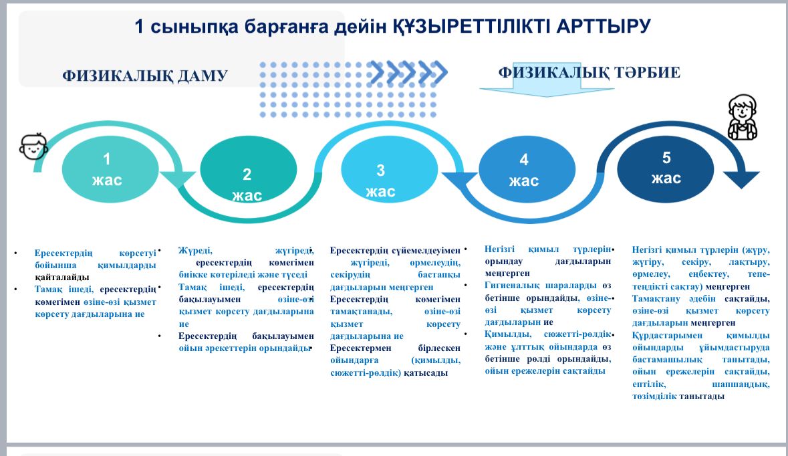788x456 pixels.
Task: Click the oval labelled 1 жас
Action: pyautogui.click(x=110, y=169)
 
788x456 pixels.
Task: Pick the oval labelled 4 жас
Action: pyautogui.click(x=527, y=169)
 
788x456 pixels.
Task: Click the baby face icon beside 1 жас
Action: pyautogui.click(x=33, y=146)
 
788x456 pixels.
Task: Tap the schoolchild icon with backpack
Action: pyautogui.click(x=743, y=117)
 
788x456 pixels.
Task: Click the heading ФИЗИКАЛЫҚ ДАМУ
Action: pyautogui.click(x=145, y=76)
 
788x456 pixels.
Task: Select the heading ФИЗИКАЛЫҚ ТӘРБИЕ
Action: pyautogui.click(x=589, y=72)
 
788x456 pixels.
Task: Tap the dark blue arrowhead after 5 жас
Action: pyautogui.click(x=741, y=179)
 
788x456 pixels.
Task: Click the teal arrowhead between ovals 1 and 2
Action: pyautogui.click(x=177, y=179)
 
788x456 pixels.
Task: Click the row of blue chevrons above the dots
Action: pyautogui.click(x=408, y=73)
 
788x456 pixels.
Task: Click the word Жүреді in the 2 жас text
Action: pyautogui.click(x=195, y=250)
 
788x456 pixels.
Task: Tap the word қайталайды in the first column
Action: pyautogui.click(x=61, y=277)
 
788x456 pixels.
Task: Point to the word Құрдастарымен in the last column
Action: pyautogui.click(x=668, y=336)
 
